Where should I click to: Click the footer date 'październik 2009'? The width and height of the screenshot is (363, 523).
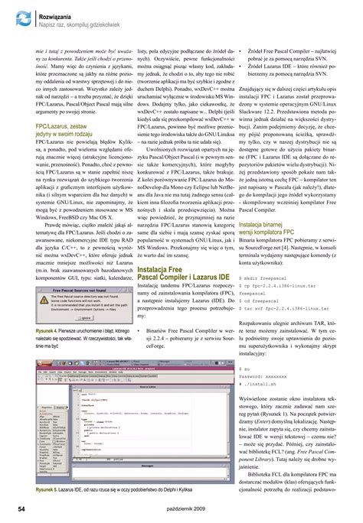click(x=181, y=506)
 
